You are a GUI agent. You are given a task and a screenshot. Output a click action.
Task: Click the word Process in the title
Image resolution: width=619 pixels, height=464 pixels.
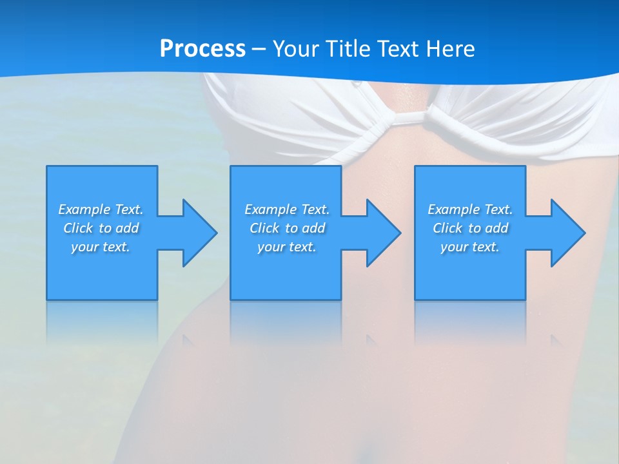pyautogui.click(x=202, y=49)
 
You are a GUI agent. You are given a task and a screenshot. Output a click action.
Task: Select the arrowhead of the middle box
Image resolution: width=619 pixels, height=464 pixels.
pyautogui.click(x=383, y=233)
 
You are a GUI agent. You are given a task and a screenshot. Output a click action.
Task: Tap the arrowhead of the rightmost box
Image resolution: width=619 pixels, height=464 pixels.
pyautogui.click(x=567, y=233)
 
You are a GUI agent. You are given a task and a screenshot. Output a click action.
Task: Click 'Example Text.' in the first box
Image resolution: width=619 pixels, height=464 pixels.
pyautogui.click(x=101, y=209)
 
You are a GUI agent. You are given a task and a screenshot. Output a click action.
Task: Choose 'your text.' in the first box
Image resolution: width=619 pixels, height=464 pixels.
pyautogui.click(x=101, y=247)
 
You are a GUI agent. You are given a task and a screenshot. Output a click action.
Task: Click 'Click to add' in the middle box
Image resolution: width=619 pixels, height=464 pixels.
pyautogui.click(x=287, y=228)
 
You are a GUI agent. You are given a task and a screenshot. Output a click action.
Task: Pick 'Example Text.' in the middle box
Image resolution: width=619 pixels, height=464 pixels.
pyautogui.click(x=287, y=209)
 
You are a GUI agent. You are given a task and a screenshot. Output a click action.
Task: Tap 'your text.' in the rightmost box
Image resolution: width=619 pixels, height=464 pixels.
pyautogui.click(x=470, y=247)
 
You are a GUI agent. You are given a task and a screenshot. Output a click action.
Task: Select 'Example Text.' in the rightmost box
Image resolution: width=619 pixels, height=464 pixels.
pyautogui.click(x=470, y=209)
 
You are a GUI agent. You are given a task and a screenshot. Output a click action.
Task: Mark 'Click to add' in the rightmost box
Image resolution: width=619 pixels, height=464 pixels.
pyautogui.click(x=470, y=228)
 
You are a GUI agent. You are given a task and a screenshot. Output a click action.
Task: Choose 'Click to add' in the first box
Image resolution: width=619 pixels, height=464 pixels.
pyautogui.click(x=101, y=228)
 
